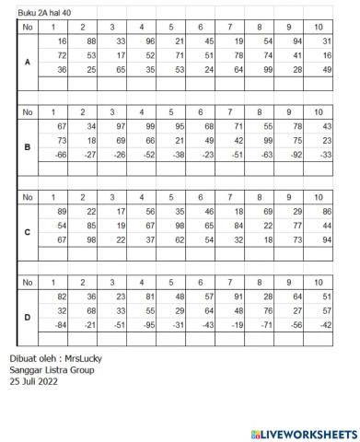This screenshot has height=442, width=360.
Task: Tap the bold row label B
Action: point(28,145)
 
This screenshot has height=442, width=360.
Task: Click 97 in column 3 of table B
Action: point(119,125)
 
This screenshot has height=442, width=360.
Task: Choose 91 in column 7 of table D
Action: point(238,296)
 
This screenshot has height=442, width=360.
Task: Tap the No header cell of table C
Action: point(28,197)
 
